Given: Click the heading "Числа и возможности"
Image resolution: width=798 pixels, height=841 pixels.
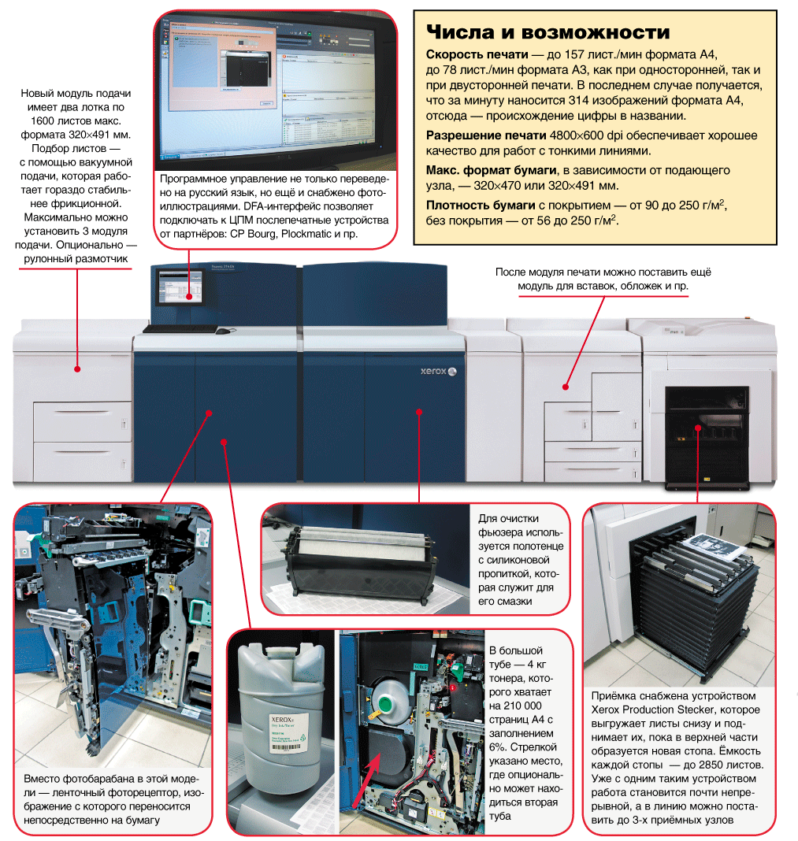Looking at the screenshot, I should point(547,32).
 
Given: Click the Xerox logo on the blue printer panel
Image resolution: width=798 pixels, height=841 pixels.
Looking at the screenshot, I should point(431,369).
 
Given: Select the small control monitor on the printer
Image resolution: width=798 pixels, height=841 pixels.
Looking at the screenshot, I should point(181,287).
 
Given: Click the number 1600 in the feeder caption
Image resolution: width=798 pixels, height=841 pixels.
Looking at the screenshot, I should point(47,121).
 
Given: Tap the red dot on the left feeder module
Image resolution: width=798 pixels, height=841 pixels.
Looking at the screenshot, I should point(77,368).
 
